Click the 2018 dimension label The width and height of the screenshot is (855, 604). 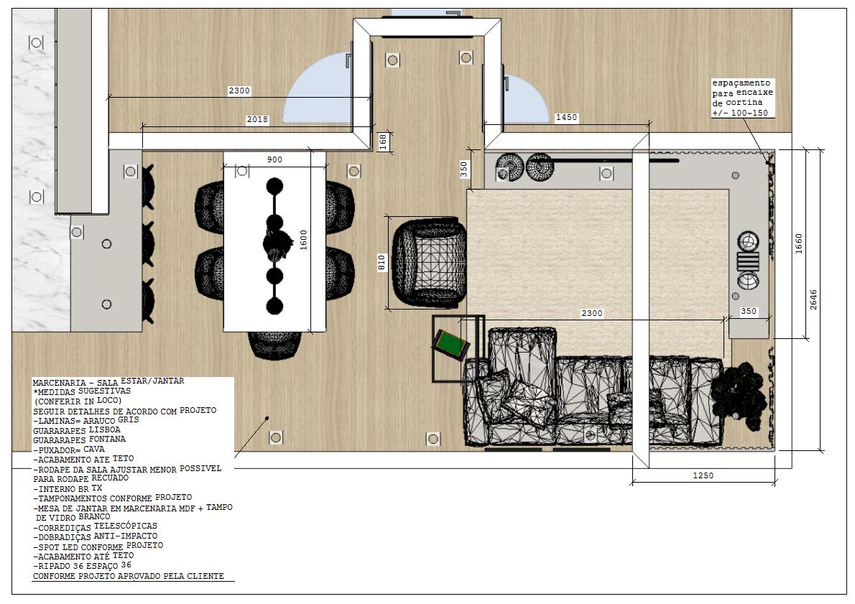pyautogui.click(x=257, y=119)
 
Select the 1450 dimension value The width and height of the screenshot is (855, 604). pyautogui.click(x=566, y=117)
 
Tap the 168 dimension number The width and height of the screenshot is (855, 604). pyautogui.click(x=384, y=142)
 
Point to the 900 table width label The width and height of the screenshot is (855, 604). pyautogui.click(x=274, y=159)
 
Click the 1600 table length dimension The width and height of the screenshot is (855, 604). pyautogui.click(x=304, y=241)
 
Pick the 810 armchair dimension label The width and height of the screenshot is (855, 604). pyautogui.click(x=382, y=263)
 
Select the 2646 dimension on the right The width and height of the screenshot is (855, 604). pyautogui.click(x=813, y=299)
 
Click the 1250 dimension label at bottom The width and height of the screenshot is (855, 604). pyautogui.click(x=703, y=475)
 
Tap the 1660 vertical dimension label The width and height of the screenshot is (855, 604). pyautogui.click(x=799, y=243)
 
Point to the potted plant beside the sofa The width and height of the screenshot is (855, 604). pyautogui.click(x=739, y=391)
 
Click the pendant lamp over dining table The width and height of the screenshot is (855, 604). pyautogui.click(x=274, y=246)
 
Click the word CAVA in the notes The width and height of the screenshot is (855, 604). pyautogui.click(x=94, y=449)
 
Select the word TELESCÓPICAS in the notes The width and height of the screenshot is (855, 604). pyautogui.click(x=126, y=526)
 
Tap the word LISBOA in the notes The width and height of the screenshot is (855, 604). pyautogui.click(x=105, y=429)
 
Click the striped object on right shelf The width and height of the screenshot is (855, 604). pyautogui.click(x=747, y=261)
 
